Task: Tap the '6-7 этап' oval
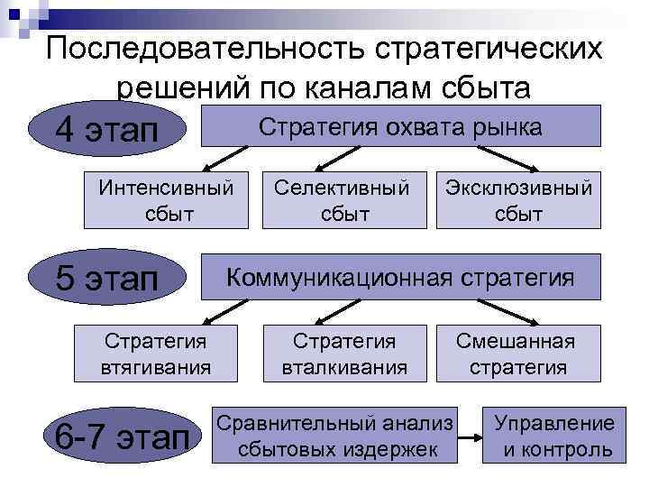coord(121,436)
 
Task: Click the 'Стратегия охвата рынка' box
coord(399,126)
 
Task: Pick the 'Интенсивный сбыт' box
coord(166,201)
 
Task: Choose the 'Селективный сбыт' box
coord(342,201)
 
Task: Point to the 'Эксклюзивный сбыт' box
coord(518,201)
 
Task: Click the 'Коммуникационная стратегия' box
coord(399,277)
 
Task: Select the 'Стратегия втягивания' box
coord(156,354)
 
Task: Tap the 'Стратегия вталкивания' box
coord(344,354)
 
